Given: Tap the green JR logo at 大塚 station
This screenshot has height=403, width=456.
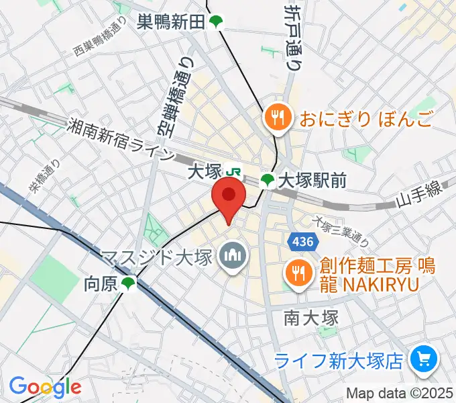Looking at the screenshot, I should [x=234, y=173].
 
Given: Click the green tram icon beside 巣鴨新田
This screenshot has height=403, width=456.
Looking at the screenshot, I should [x=215, y=23].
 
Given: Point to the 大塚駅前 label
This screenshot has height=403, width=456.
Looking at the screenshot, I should [x=312, y=180].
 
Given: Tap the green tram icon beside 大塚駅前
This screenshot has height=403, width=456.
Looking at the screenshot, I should [x=268, y=180].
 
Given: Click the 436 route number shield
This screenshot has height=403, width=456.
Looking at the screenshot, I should [x=299, y=240].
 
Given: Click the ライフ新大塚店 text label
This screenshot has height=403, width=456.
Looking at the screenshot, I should [x=341, y=361].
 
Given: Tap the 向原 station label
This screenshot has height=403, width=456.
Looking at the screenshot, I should [x=101, y=284].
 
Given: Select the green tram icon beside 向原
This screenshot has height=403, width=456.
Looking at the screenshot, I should [x=128, y=284].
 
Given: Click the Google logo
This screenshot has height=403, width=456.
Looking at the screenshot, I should [x=45, y=387].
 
